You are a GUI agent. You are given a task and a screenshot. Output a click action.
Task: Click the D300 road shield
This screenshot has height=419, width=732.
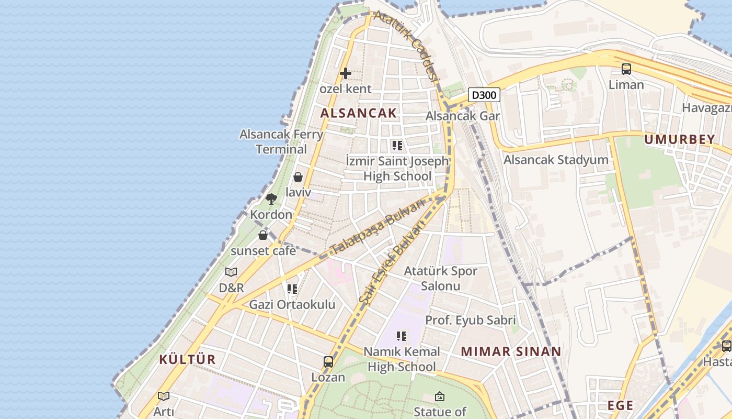tap(484, 95)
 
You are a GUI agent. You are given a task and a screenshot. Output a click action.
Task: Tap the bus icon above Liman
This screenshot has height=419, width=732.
tap(626, 69)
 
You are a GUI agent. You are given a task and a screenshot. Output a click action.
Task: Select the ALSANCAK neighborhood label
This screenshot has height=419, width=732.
tap(358, 113)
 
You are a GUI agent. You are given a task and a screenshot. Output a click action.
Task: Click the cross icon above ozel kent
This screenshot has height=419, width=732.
tap(345, 73)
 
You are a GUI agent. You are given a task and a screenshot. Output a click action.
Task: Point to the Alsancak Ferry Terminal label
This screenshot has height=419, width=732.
tap(281, 141)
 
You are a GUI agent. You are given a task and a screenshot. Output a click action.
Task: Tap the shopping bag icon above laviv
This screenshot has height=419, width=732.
tap(298, 177)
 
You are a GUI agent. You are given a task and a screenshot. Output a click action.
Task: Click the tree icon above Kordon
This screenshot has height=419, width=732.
tap(271, 199)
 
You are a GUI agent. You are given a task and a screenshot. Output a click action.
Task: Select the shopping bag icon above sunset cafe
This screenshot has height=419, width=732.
tap(263, 235)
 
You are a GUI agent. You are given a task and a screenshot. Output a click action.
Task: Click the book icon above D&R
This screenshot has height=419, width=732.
tap(231, 272)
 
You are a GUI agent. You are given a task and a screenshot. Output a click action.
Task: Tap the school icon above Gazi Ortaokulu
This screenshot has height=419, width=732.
tap(292, 289)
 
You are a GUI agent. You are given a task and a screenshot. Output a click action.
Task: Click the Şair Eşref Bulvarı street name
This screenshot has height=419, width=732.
tap(392, 262)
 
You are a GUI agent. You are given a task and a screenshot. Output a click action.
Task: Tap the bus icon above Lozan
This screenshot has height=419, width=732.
tap(328, 361)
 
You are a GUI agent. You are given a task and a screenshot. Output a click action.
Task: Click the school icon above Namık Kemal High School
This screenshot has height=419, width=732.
tap(402, 336)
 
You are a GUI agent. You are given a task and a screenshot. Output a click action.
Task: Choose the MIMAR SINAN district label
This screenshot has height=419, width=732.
tap(511, 351)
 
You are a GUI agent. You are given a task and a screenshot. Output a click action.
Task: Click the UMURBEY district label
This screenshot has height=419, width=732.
tap(679, 139)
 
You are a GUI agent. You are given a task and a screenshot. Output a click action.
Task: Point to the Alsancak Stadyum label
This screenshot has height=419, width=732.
tap(556, 160)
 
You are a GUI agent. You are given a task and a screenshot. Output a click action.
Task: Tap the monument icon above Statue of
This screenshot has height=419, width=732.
tap(440, 396)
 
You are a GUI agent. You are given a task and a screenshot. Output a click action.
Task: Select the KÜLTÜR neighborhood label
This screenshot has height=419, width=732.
tap(187, 359)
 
